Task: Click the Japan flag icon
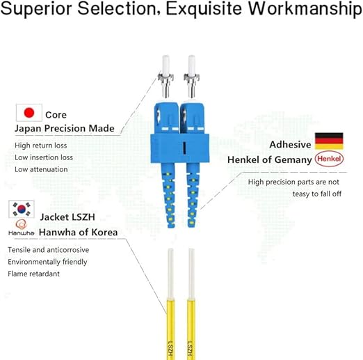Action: tap(29, 113)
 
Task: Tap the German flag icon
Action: tap(329, 141)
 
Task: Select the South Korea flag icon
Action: tap(22, 209)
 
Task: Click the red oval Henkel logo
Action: tap(329, 159)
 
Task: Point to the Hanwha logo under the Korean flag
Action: tap(21, 228)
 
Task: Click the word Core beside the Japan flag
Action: tap(56, 115)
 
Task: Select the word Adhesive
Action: tap(290, 145)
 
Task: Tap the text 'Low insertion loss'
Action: tap(44, 157)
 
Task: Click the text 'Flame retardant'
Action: tap(33, 274)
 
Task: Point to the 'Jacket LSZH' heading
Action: tap(67, 217)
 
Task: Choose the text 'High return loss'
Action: tap(41, 146)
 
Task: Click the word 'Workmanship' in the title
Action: tap(305, 8)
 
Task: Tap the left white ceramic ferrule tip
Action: tap(166, 64)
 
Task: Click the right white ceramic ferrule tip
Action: tap(192, 64)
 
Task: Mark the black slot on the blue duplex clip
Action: tap(184, 148)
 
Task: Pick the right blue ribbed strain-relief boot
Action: tap(193, 195)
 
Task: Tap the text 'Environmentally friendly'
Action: tap(47, 262)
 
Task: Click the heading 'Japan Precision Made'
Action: tap(65, 128)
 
